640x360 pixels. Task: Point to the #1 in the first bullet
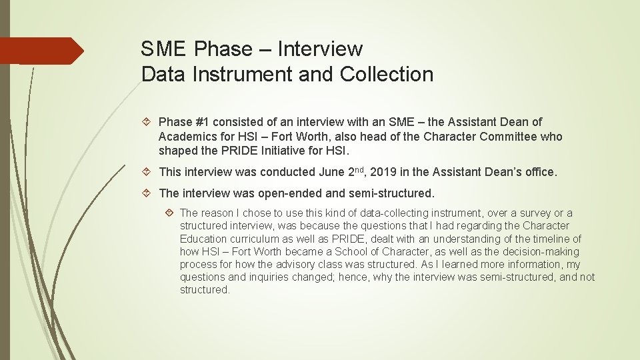[x=203, y=122]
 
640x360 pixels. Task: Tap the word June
[x=332, y=172]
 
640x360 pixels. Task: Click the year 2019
[x=383, y=172]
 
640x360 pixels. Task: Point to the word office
[x=539, y=172]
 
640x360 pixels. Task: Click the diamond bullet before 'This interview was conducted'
[x=148, y=172]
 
